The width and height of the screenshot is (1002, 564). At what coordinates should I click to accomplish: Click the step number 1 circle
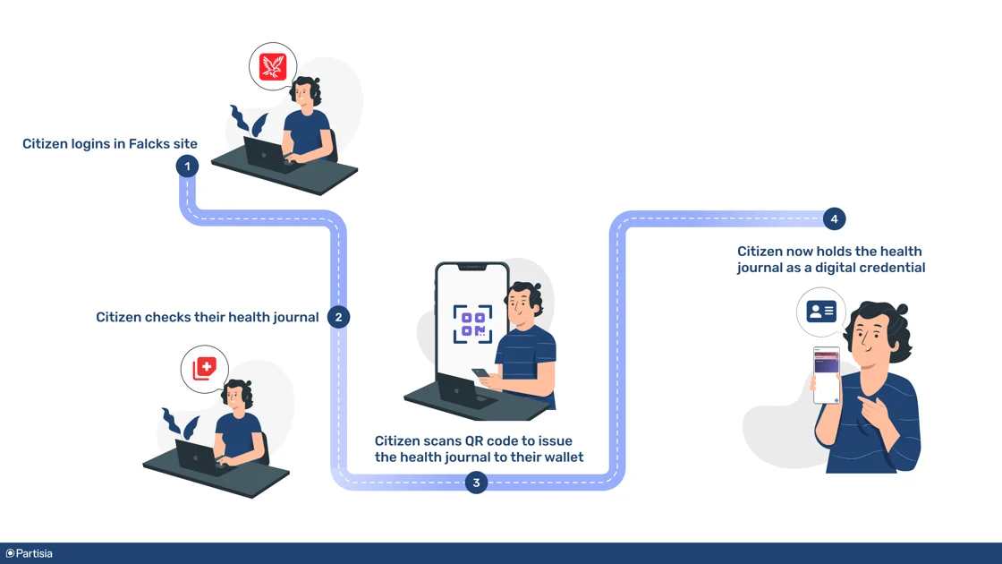click(x=187, y=166)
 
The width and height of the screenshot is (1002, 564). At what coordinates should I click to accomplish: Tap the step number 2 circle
click(x=338, y=317)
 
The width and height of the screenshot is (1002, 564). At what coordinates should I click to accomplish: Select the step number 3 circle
click(x=476, y=483)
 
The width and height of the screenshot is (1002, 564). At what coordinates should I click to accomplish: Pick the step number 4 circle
click(x=834, y=218)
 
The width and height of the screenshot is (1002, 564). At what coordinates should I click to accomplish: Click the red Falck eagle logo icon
click(x=273, y=67)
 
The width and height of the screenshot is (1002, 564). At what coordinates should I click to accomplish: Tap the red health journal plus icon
click(x=205, y=368)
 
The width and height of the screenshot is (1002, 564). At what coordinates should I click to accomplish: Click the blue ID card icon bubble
click(x=821, y=312)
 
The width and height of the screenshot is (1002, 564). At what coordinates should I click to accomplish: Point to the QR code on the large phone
click(x=472, y=324)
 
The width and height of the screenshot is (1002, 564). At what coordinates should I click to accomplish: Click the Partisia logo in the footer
click(x=30, y=553)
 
